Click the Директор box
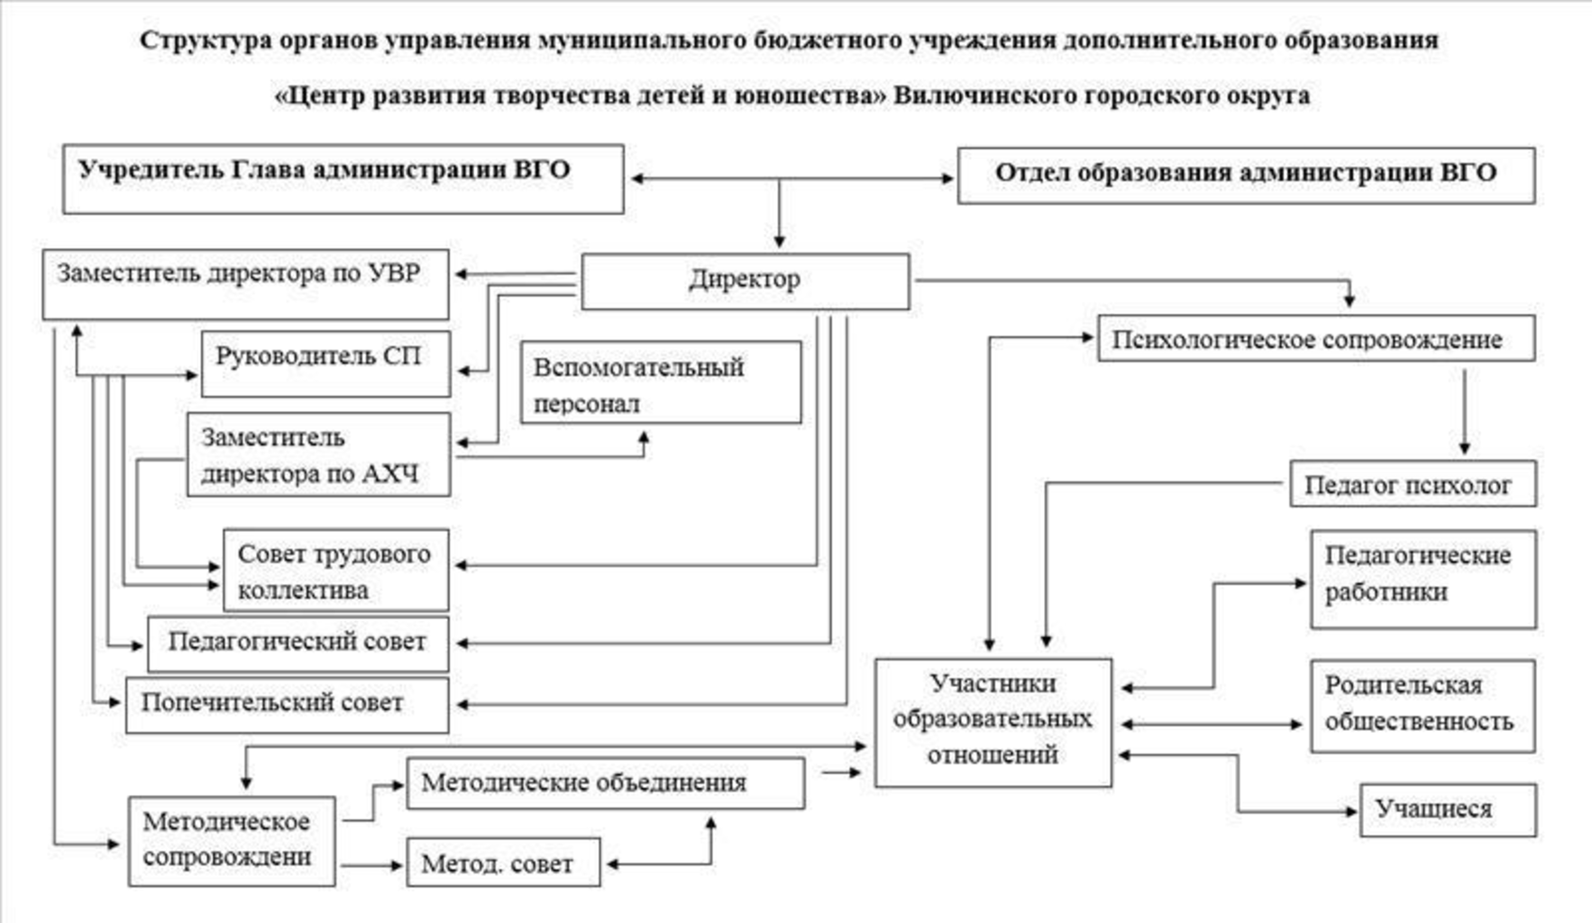745,281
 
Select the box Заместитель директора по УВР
245,284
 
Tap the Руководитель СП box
325,363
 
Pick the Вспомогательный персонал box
661,382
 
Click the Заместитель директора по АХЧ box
318,454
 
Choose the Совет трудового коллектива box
335,571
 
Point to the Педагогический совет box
297,644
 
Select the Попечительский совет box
287,704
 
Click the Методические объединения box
605,782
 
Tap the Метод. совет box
503,863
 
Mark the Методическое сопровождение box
232,840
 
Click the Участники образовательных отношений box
993,722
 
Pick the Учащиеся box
1447,809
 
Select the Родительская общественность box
1422,705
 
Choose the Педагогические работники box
1423,578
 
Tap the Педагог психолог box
1412,484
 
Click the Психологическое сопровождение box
1315,339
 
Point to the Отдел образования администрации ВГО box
1245,175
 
